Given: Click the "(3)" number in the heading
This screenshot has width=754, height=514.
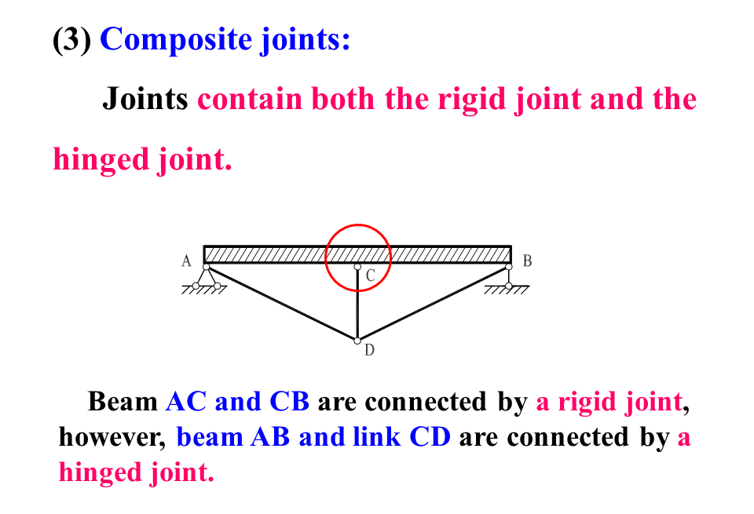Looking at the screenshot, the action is pyautogui.click(x=72, y=40).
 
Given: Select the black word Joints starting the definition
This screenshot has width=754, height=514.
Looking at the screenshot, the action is pyautogui.click(x=145, y=100).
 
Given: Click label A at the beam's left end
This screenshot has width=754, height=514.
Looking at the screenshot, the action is pyautogui.click(x=187, y=262).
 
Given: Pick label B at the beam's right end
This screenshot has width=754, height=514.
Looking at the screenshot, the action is pyautogui.click(x=527, y=261).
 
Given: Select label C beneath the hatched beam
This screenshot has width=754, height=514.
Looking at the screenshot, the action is pyautogui.click(x=370, y=276).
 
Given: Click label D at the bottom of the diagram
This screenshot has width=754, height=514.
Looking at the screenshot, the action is pyautogui.click(x=369, y=350).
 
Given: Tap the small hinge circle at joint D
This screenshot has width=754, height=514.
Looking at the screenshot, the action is pyautogui.click(x=357, y=341).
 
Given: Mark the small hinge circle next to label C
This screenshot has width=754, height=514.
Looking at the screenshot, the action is pyautogui.click(x=357, y=267).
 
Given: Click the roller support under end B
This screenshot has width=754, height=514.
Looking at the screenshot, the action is pyautogui.click(x=508, y=278).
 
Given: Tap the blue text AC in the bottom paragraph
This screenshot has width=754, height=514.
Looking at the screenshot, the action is pyautogui.click(x=185, y=402).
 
